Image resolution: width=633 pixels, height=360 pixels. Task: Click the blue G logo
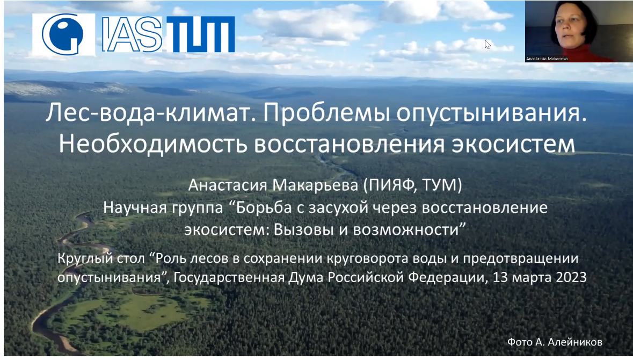click(x=63, y=34)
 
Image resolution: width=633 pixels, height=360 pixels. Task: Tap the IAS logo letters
click(x=132, y=34)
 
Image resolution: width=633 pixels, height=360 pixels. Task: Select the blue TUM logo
click(x=201, y=34)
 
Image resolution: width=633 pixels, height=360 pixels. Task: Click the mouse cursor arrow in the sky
click(x=488, y=45)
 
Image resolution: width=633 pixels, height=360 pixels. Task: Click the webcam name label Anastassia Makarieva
click(x=547, y=59)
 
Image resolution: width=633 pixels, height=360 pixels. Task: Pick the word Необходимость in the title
click(x=153, y=144)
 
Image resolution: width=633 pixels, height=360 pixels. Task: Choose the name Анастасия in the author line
click(x=228, y=185)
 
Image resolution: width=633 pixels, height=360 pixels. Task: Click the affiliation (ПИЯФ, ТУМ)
click(x=412, y=185)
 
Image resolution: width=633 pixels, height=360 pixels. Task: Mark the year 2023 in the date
click(x=571, y=278)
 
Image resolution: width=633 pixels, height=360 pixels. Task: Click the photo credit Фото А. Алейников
click(x=555, y=342)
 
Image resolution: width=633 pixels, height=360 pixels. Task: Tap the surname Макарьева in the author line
click(x=315, y=185)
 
